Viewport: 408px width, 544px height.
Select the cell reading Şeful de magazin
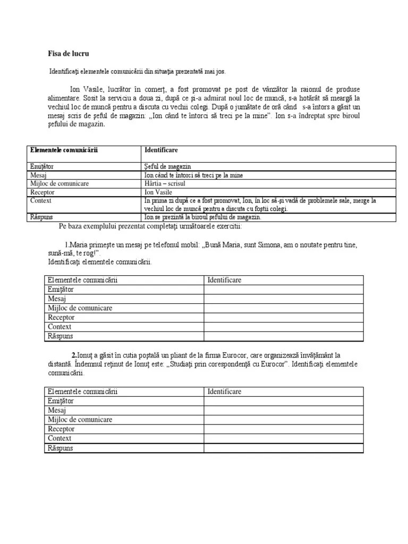[x=167, y=167]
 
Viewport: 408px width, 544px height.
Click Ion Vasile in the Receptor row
[x=158, y=192]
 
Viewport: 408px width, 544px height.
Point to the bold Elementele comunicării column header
[x=65, y=150]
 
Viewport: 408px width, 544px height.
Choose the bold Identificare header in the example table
[x=161, y=150]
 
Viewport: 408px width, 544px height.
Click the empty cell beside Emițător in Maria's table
[x=283, y=290]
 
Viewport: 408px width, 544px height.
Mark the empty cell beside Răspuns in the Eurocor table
[x=283, y=448]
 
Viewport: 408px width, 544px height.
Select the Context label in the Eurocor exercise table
[x=59, y=438]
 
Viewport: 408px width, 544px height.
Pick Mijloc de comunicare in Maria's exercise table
[x=80, y=308]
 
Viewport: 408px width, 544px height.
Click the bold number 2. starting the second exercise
[x=74, y=355]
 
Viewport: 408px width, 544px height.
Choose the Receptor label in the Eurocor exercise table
[x=61, y=429]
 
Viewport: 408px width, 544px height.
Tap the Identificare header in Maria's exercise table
[x=224, y=280]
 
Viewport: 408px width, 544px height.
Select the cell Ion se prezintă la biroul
[x=202, y=217]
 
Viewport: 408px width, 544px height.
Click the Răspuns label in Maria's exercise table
[x=60, y=336]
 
